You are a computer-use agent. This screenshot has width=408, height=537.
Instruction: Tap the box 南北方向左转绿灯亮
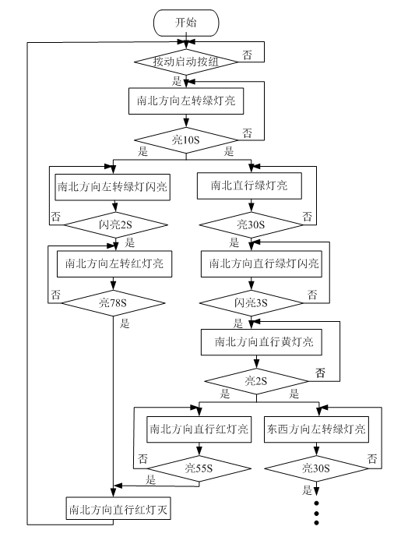186,101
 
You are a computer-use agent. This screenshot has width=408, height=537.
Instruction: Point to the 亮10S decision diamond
186,140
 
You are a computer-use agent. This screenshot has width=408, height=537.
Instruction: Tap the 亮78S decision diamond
114,301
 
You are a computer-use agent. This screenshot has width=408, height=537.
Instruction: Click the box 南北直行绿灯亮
248,186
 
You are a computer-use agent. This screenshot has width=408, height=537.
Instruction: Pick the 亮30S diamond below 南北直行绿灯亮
249,224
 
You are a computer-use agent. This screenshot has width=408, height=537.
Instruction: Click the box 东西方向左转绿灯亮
317,429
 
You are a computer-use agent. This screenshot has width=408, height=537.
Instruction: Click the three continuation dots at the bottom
317,512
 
